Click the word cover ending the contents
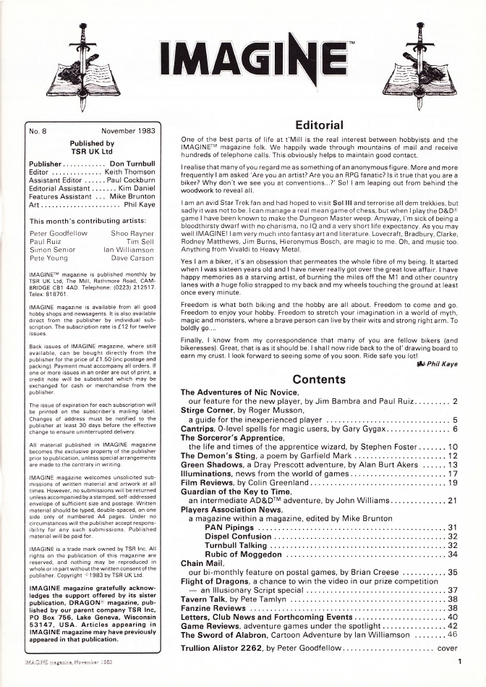click(447, 648)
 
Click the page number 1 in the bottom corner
click(459, 661)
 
